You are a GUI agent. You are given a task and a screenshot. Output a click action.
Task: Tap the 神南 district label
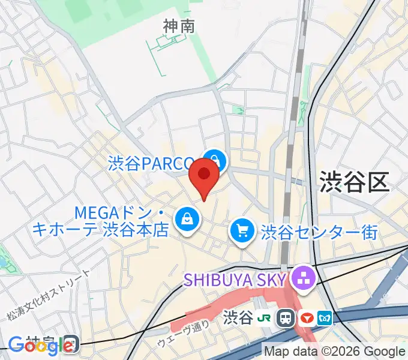pos(179,26)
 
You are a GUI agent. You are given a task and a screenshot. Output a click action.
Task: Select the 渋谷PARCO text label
pos(152,163)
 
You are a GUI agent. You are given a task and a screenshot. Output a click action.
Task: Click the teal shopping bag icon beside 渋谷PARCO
pos(214,161)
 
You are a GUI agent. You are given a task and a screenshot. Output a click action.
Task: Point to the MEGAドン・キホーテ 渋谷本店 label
pos(120,221)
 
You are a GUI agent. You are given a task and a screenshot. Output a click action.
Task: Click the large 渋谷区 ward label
pos(355,181)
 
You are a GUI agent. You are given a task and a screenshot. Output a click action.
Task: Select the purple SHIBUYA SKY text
pos(235,278)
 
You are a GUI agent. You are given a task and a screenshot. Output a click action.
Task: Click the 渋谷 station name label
pos(238,317)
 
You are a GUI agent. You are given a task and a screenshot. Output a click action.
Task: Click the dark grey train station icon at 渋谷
pos(287,317)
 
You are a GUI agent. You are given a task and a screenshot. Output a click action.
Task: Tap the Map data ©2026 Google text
pos(334,351)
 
